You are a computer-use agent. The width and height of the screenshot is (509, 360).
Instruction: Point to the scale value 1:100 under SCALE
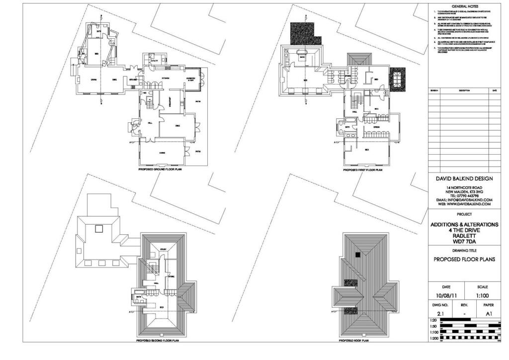coord(482,295)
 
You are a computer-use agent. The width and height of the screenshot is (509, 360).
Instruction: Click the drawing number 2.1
coord(440,314)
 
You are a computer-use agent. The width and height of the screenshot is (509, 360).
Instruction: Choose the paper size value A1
coord(488,314)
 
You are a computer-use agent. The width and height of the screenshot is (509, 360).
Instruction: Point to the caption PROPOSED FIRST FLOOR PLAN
coord(362,170)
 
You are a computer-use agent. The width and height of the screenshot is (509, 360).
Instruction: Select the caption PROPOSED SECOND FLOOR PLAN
coord(158,341)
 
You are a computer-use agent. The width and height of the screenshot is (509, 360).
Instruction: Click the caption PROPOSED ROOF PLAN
coord(353,341)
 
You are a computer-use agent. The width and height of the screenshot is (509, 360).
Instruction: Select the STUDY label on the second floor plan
coord(163,249)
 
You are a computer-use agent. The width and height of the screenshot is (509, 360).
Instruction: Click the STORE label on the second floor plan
coord(171,276)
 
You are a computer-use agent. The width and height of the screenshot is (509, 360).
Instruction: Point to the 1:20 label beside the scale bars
coord(432,320)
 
